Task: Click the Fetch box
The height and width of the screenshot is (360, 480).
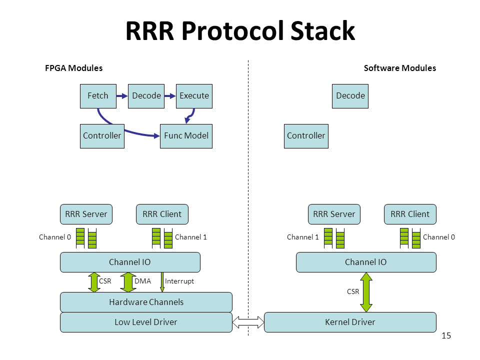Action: point(98,96)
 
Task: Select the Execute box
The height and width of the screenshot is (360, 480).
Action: point(194,96)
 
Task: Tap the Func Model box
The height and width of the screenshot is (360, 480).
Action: point(186,136)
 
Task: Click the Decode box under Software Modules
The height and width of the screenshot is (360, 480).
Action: point(350,96)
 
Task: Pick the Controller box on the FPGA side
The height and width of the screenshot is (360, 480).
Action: point(102,136)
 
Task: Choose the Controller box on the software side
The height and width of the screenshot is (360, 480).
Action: point(306,136)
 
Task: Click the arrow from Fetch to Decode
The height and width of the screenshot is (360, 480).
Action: point(122,96)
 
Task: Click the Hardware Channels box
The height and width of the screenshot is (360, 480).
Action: point(146,302)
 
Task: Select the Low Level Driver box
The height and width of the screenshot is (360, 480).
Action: point(146,322)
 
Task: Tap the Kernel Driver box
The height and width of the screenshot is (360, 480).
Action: point(350,322)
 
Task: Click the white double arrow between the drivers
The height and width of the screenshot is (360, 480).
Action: point(248,322)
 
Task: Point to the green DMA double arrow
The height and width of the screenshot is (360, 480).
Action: point(128,282)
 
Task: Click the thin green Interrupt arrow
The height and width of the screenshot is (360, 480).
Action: point(162,282)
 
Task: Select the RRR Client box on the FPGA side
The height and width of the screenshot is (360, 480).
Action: point(162,214)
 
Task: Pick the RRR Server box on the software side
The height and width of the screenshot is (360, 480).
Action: point(334,214)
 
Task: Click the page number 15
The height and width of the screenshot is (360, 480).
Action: point(446,336)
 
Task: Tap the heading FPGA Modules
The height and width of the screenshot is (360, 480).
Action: point(74,68)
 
